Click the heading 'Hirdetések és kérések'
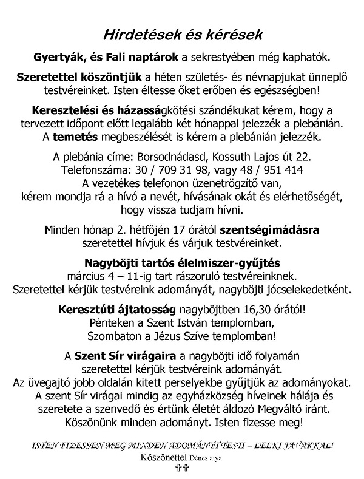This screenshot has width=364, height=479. coord(181,35)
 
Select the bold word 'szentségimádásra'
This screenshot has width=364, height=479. coord(278,230)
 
